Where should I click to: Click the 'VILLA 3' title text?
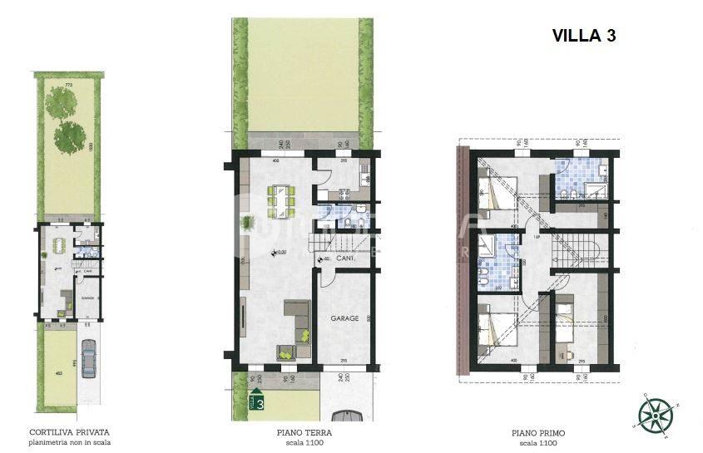point(583,36)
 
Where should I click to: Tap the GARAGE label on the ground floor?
point(344,318)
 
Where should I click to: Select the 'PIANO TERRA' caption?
point(300,432)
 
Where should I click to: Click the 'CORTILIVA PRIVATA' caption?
point(69,432)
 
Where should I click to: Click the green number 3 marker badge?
point(260,404)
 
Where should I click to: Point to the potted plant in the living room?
point(247,222)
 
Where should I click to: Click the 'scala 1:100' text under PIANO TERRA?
point(300,442)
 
